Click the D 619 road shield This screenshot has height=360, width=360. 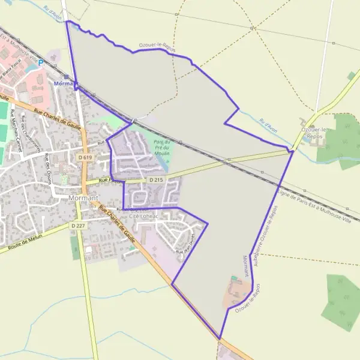click(x=85, y=157)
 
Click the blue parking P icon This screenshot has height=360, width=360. click(x=41, y=61)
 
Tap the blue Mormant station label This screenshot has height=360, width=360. click(x=66, y=83)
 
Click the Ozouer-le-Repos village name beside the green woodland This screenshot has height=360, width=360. click(x=316, y=133)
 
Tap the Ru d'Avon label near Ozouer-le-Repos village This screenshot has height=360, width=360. click(x=268, y=125)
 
